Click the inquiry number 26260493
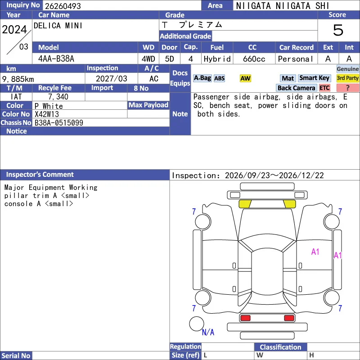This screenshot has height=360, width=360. tap(63, 6)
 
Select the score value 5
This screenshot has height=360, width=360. tap(338, 30)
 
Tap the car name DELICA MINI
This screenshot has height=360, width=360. tap(58, 26)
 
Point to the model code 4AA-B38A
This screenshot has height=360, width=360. tap(56, 59)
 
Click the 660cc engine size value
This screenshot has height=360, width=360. tap(254, 59)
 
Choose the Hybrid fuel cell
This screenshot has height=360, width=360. tap(217, 59)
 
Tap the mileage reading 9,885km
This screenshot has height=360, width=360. tap(18, 79)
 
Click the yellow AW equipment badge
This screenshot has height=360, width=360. tap(245, 78)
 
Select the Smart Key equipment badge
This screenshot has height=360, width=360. tap(315, 78)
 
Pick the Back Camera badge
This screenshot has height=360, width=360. tap(296, 88)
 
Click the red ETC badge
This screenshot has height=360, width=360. tap(324, 88)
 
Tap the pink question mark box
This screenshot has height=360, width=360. tap(347, 88)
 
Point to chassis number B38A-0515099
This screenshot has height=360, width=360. tap(59, 123)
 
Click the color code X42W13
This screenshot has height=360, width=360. tap(47, 114)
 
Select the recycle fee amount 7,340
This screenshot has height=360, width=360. tap(58, 97)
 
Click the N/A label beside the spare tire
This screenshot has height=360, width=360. tap(208, 332)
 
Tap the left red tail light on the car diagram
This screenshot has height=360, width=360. tap(245, 318)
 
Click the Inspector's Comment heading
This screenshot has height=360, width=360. tap(40, 175)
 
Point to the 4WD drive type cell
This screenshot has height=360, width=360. tap(148, 59)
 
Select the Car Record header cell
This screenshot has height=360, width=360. tap(297, 48)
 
